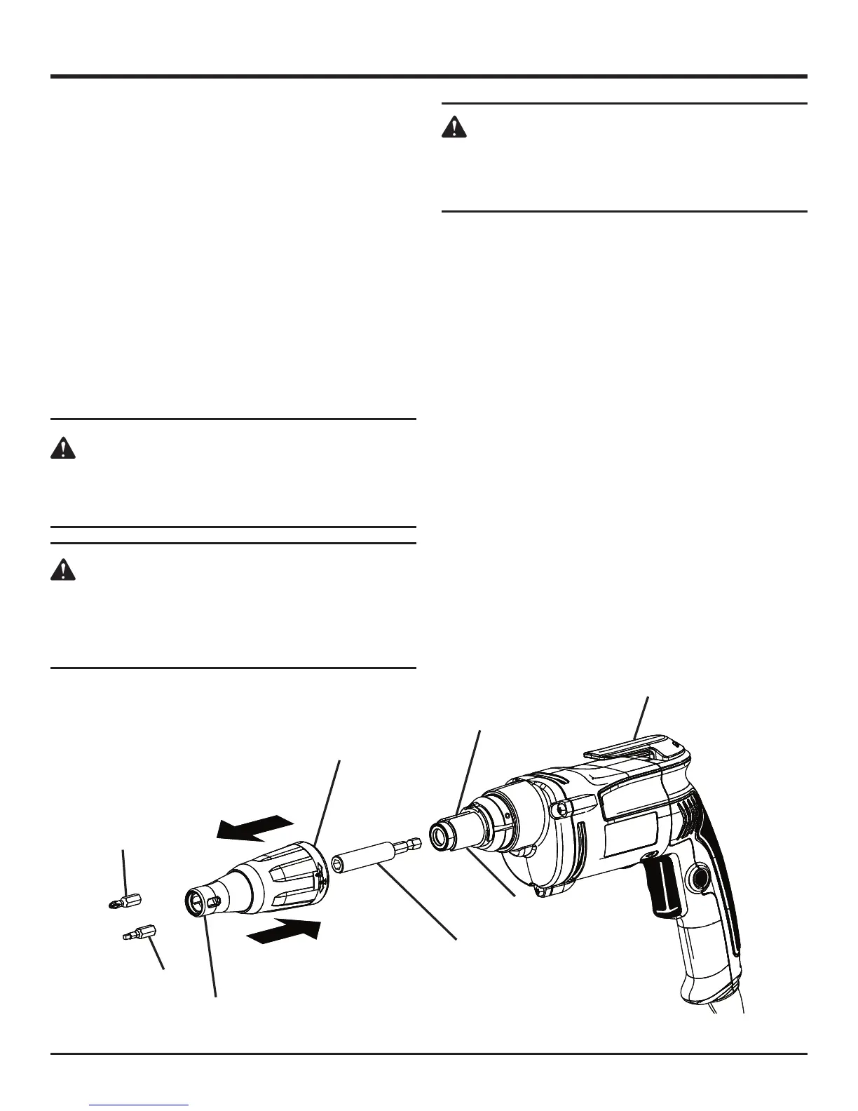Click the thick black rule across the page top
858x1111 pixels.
click(x=429, y=76)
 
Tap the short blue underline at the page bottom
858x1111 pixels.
click(x=139, y=1105)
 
